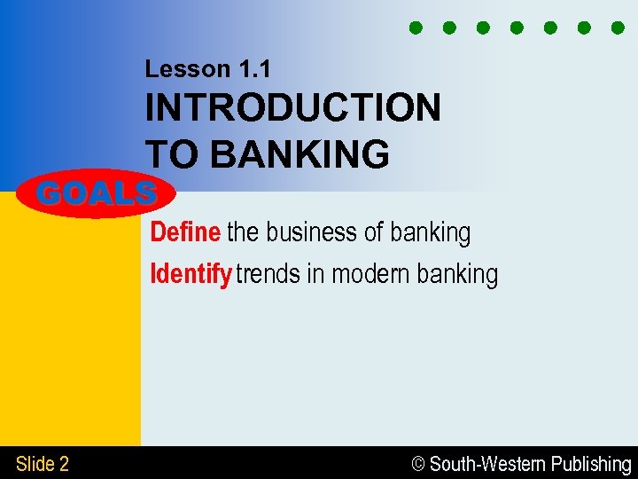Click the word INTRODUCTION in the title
(292, 108)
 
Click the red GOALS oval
(97, 192)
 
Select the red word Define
(185, 232)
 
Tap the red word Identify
(191, 274)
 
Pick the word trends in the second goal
(268, 274)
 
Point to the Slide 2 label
(42, 463)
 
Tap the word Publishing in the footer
(590, 464)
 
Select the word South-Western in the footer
(487, 464)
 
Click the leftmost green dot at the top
(415, 27)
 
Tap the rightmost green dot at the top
(618, 27)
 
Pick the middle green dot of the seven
(517, 27)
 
